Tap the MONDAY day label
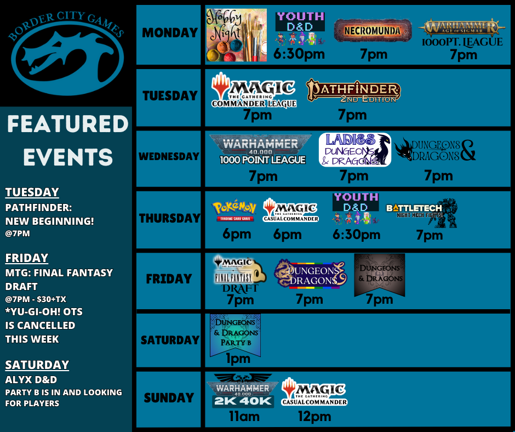169,33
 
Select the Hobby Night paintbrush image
237,35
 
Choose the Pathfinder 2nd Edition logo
353,91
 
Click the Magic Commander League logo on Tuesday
254,90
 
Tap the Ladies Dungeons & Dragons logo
355,150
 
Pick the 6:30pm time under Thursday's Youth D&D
356,235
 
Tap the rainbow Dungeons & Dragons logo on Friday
310,274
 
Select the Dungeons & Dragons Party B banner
236,333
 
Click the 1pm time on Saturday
238,359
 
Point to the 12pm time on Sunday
314,417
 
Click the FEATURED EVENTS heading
67,140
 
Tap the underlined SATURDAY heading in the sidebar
37,365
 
